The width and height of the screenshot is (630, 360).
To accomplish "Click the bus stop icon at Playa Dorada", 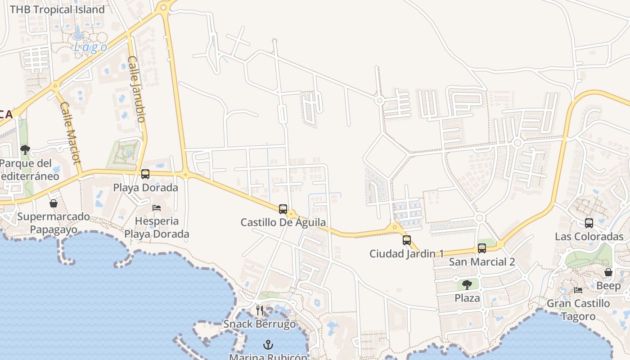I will [x=145, y=174].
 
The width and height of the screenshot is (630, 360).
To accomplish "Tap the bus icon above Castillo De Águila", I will [x=283, y=209].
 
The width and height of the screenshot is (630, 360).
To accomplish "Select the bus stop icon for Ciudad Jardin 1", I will [x=406, y=240].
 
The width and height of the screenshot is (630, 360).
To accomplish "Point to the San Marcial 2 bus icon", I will [x=481, y=248].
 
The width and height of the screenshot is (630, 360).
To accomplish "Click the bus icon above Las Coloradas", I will [x=589, y=223].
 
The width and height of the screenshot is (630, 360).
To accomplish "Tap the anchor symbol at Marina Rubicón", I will [x=268, y=345].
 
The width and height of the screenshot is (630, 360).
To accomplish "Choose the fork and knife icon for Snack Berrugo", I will [x=259, y=310].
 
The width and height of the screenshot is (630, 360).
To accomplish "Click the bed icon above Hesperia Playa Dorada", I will [x=157, y=207].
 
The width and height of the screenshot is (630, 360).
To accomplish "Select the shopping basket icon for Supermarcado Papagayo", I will [x=53, y=203].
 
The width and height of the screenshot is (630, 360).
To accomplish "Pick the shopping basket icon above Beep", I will [x=608, y=272].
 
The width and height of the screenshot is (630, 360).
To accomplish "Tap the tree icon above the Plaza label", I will [x=467, y=284].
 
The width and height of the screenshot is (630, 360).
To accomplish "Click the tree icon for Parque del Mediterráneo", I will [x=25, y=149].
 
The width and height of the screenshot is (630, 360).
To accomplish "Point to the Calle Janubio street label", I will [x=136, y=89].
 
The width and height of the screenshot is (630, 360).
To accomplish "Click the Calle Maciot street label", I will [x=70, y=133].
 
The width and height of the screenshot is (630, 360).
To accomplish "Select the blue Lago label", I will [x=90, y=48].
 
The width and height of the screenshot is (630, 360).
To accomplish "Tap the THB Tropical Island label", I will [x=57, y=9].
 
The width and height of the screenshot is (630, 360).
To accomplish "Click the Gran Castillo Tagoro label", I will [x=578, y=310].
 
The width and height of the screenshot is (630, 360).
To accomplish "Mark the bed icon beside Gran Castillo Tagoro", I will [x=578, y=290].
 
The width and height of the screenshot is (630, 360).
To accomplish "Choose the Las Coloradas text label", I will [x=589, y=237].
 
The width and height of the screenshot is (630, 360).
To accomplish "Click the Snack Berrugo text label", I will [x=260, y=324].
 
